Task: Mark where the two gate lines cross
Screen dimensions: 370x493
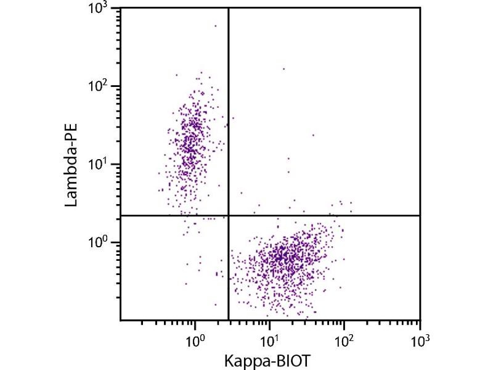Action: [229, 215]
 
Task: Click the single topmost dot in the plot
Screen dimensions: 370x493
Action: [215, 26]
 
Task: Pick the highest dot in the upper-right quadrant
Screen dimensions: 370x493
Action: [283, 69]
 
